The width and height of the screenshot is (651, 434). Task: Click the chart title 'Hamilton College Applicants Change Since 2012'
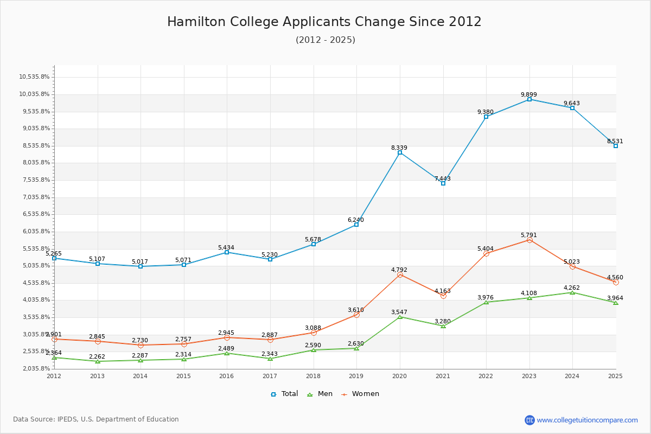click(324, 22)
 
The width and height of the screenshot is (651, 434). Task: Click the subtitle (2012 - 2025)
click(325, 40)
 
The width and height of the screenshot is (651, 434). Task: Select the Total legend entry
click(284, 394)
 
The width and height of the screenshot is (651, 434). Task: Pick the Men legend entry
click(321, 394)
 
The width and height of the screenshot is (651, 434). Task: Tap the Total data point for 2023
click(529, 99)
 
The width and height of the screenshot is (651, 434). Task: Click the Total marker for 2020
click(400, 152)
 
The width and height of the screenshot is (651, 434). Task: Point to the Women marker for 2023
click(529, 240)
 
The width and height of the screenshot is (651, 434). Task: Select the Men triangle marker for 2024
click(572, 292)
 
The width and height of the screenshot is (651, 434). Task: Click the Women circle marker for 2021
click(443, 296)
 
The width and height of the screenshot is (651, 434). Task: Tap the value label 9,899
click(529, 94)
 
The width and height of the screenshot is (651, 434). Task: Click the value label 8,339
click(399, 148)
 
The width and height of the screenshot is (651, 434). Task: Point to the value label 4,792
click(399, 270)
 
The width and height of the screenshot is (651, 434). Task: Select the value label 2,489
click(226, 348)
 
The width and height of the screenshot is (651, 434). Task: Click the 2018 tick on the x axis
click(314, 375)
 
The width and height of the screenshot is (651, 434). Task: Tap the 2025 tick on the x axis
click(615, 375)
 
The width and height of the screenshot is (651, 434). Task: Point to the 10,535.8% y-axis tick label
click(34, 77)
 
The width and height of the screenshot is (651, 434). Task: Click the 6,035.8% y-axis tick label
click(34, 232)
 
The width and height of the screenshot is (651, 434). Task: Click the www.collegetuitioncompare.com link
click(587, 420)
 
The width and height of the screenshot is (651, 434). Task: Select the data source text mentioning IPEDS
click(96, 419)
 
